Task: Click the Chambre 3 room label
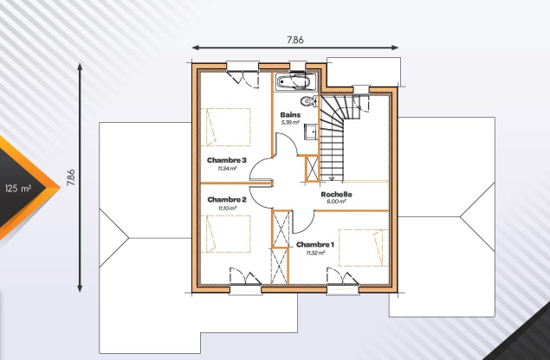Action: [227, 160]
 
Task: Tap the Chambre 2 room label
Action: [227, 199]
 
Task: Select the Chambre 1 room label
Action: [315, 244]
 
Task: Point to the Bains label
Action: [290, 114]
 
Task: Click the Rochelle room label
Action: [336, 194]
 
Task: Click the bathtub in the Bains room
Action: [294, 82]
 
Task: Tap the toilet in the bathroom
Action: [308, 101]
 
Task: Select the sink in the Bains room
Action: [311, 132]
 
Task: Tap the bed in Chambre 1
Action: [364, 247]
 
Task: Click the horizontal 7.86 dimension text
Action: [295, 40]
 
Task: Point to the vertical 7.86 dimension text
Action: [71, 177]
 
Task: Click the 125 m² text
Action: [18, 189]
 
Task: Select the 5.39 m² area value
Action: [290, 123]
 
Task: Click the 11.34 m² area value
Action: [227, 168]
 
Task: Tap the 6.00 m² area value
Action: [336, 202]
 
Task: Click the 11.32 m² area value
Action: [315, 253]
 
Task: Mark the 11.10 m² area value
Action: [227, 208]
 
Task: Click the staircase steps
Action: [332, 138]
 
